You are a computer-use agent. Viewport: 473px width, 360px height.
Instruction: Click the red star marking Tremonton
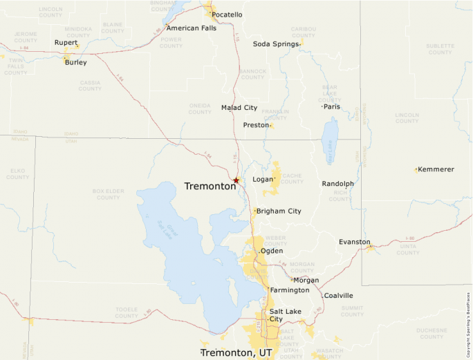coord(236,180)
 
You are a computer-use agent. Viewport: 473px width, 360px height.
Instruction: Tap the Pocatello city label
coord(227,15)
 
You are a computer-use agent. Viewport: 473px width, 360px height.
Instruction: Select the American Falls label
coord(192,28)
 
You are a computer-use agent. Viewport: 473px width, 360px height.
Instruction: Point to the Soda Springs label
coord(275,44)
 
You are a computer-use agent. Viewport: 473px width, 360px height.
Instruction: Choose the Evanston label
coord(354,242)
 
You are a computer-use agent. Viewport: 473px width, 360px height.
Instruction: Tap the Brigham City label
coord(279,211)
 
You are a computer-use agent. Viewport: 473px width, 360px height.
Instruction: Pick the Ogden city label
coord(271,251)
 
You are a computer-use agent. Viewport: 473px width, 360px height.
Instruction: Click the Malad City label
coord(239,108)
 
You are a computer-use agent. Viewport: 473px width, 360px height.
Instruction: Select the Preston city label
coord(256,125)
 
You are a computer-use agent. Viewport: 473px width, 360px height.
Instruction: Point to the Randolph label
coord(338,184)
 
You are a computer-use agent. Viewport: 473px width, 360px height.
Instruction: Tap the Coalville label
coord(338,296)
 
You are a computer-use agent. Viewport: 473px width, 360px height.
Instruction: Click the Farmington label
coord(289,290)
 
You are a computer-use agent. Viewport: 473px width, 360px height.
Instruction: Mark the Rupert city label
coord(66,43)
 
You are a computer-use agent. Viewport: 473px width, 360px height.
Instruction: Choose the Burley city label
coord(76,62)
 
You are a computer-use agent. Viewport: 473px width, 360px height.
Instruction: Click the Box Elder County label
coord(108,194)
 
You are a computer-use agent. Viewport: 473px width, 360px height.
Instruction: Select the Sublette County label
coord(440,49)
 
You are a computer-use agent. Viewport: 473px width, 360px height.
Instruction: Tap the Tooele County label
coord(127,313)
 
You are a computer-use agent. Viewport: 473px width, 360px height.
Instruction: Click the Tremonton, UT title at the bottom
coord(236,352)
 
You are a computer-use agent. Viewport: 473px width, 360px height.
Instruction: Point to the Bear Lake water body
coord(330,140)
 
